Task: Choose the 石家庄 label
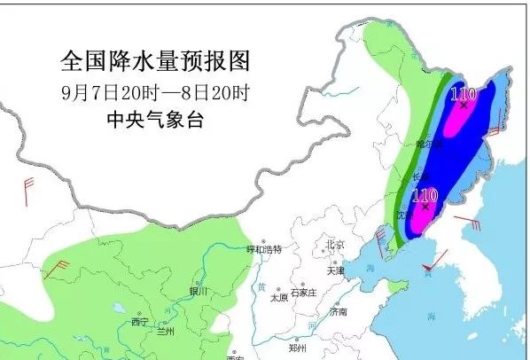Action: tap(304, 291)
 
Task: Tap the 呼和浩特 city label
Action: tap(263, 250)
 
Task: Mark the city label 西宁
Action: tap(140, 321)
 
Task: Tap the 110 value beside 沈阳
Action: tap(425, 194)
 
